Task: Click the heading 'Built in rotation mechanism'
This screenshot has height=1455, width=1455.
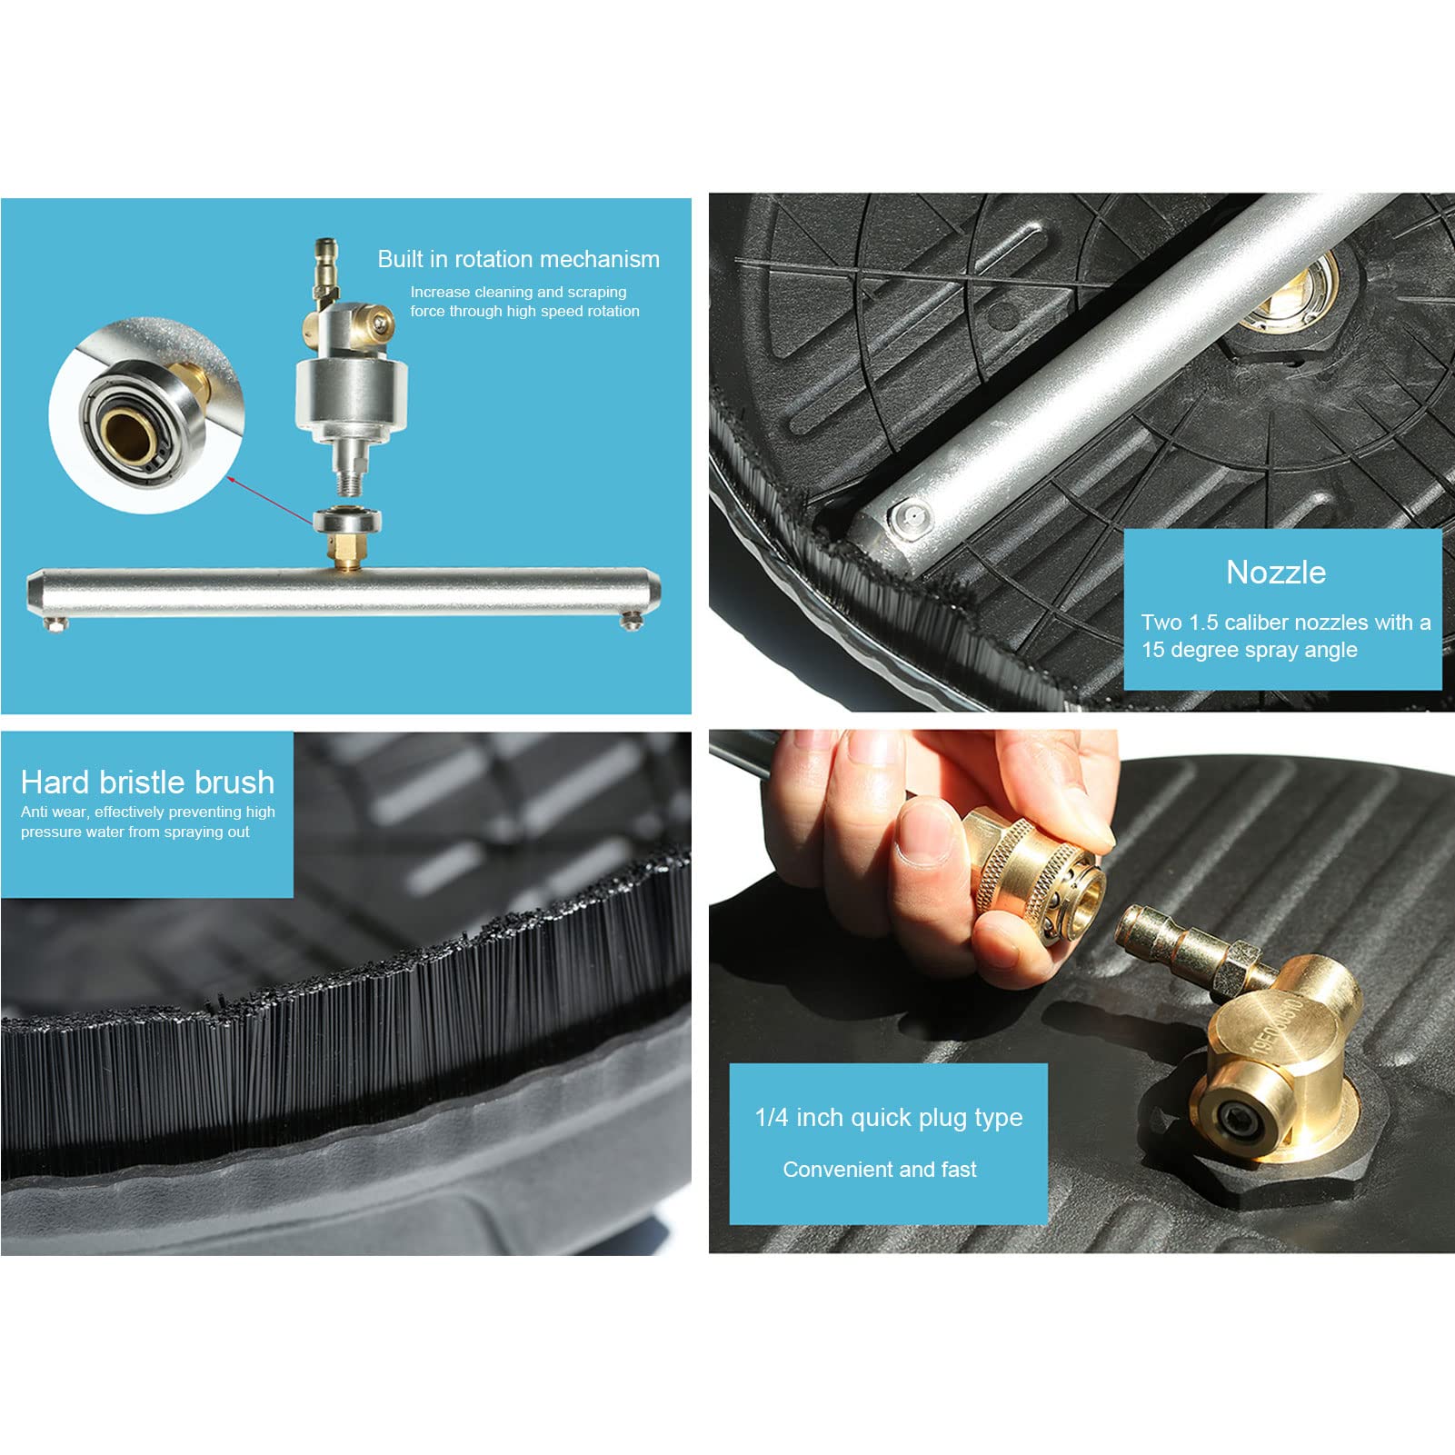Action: pyautogui.click(x=518, y=259)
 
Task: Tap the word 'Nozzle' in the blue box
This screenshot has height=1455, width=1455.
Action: pyautogui.click(x=1276, y=573)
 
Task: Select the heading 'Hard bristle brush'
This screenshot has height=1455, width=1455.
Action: pyautogui.click(x=147, y=782)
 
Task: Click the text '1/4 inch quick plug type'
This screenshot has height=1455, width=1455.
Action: pyautogui.click(x=889, y=1118)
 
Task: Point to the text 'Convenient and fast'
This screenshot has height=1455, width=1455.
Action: pyautogui.click(x=880, y=1170)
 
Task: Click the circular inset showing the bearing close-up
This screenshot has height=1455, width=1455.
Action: pyautogui.click(x=146, y=415)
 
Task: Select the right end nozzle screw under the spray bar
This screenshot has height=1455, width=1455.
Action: pyautogui.click(x=632, y=621)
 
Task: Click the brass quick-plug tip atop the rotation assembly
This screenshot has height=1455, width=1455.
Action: pyautogui.click(x=325, y=259)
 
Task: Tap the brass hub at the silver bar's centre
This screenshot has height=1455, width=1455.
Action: pyautogui.click(x=1291, y=293)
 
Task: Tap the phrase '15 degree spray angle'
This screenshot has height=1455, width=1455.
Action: pyautogui.click(x=1250, y=650)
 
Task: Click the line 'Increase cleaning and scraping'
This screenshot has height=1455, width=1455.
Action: pyautogui.click(x=518, y=292)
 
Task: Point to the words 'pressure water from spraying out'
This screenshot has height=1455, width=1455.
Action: pyautogui.click(x=135, y=832)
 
